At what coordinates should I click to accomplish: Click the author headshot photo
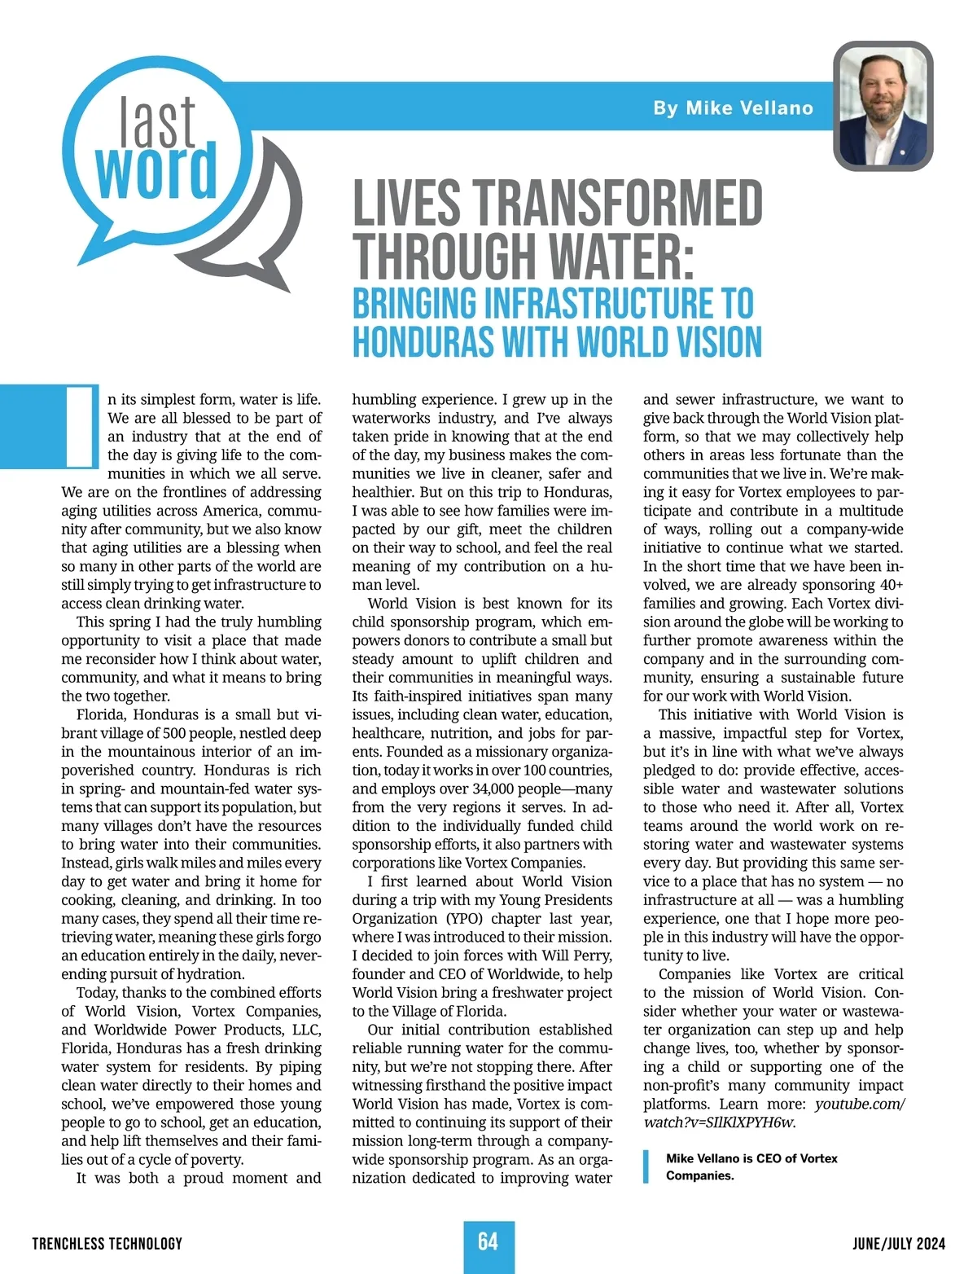coord(883,106)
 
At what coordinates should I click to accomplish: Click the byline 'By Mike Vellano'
coord(733,108)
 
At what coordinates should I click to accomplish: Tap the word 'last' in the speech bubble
coord(157,122)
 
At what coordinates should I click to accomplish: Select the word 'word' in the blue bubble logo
coord(156,171)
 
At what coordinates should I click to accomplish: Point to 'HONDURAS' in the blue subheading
coord(423,342)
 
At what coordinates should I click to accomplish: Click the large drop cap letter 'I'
coord(81,427)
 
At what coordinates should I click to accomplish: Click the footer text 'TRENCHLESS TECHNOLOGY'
coord(107,1243)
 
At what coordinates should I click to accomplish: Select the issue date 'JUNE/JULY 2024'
coord(899,1243)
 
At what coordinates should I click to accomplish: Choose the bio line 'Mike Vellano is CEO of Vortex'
coord(751,1158)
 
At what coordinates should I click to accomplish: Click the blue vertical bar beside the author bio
coord(646,1166)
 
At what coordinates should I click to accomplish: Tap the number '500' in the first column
coord(174,733)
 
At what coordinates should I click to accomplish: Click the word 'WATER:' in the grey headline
coord(623,257)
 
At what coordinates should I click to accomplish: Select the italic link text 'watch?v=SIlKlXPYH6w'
coord(719,1122)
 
